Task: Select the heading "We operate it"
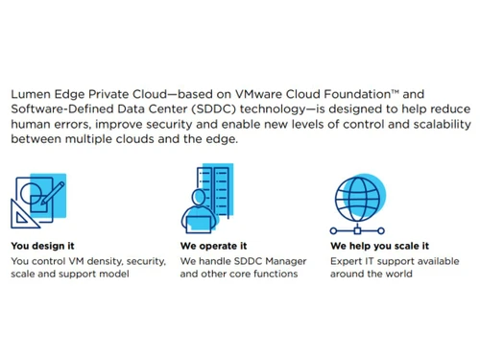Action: point(214,246)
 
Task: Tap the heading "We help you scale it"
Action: point(379,246)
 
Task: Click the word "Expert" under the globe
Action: point(348,260)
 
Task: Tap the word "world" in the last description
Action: point(396,274)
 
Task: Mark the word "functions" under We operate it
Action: point(272,274)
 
